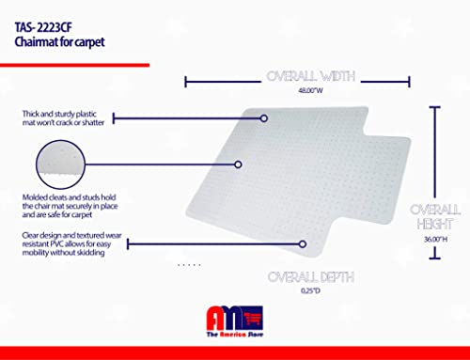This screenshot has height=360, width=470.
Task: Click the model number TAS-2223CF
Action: click(52, 16)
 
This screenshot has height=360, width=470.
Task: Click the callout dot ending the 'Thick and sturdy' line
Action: click(264, 118)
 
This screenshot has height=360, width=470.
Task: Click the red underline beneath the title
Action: click(75, 65)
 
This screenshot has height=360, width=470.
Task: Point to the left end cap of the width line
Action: click(186, 81)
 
